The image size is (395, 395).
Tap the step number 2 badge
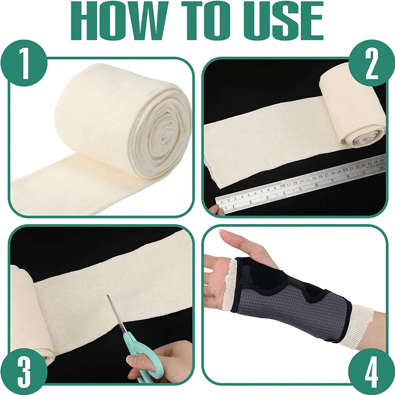371,65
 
